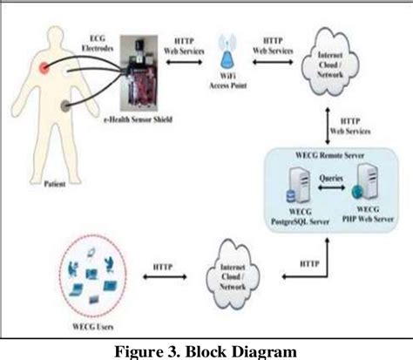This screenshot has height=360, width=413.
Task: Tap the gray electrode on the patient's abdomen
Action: point(64,107)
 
